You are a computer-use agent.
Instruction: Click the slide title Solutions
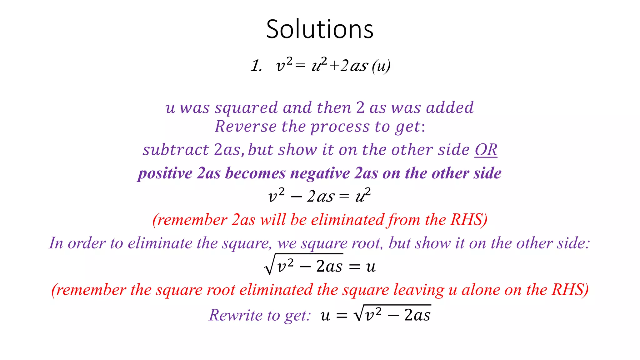320,29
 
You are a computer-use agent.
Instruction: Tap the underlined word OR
486,150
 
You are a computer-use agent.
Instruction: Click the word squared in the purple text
246,108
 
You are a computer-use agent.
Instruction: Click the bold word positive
165,173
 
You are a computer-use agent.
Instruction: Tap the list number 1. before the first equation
257,66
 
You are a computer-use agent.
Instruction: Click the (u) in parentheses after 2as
381,66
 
